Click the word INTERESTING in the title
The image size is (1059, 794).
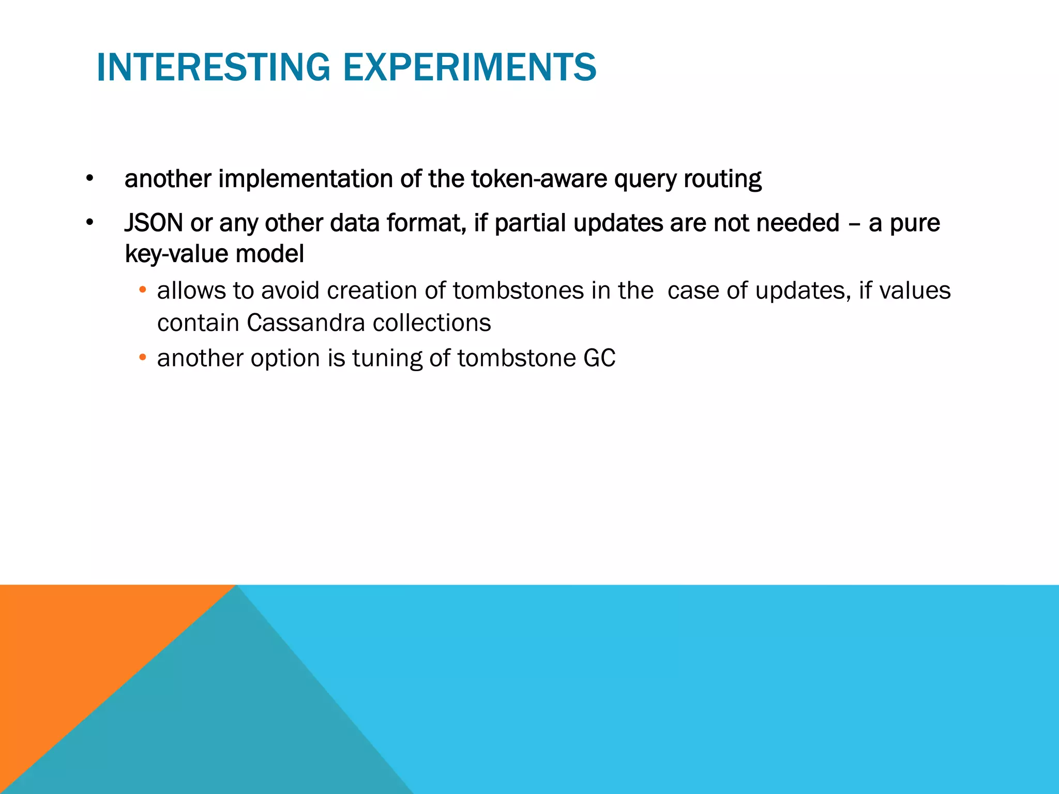tap(213, 67)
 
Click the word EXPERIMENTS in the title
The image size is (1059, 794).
tap(470, 67)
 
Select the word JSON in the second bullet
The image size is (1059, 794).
tap(154, 223)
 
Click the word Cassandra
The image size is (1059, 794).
tap(306, 323)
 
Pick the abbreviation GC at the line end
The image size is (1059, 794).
tap(599, 358)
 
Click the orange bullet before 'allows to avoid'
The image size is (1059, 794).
tap(143, 290)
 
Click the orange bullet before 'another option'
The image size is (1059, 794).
tap(143, 358)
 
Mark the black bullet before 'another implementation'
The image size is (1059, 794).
tap(90, 179)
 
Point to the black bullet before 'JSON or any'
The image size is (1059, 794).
tap(90, 223)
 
